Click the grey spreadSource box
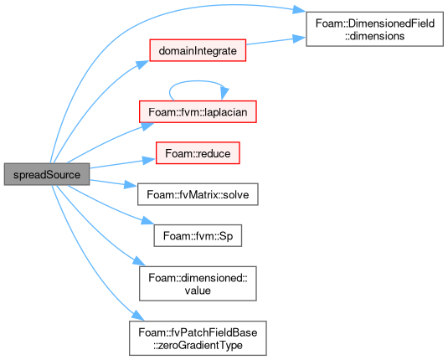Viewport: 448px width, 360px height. pyautogui.click(x=47, y=174)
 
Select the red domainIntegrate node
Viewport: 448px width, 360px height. pyautogui.click(x=198, y=50)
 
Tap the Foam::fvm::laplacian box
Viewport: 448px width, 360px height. pyautogui.click(x=198, y=112)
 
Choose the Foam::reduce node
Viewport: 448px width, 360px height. pyautogui.click(x=198, y=153)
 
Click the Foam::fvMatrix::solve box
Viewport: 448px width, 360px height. pyautogui.click(x=198, y=194)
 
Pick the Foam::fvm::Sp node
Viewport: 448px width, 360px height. pyautogui.click(x=198, y=236)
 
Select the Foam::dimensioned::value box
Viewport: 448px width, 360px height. pyautogui.click(x=198, y=284)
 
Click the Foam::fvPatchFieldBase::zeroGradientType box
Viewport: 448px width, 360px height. pyautogui.click(x=198, y=338)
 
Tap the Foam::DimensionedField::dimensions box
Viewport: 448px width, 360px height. pyautogui.click(x=374, y=29)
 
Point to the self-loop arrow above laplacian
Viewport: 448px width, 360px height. pyautogui.click(x=197, y=81)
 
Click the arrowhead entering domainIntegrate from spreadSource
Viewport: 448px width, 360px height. pyautogui.click(x=142, y=64)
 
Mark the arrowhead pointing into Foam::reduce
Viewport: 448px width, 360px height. pyautogui.click(x=149, y=160)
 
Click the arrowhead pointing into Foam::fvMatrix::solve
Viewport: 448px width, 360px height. pyautogui.click(x=131, y=185)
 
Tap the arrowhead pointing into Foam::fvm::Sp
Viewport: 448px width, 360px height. pyautogui.click(x=147, y=221)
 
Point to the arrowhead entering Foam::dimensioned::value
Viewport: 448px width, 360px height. pyautogui.click(x=139, y=261)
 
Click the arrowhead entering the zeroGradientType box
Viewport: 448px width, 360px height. pyautogui.click(x=138, y=316)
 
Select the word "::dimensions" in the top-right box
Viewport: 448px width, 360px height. pyautogui.click(x=374, y=36)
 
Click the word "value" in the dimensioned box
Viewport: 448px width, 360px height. pyautogui.click(x=198, y=291)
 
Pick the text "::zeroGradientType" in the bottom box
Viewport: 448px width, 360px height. pyautogui.click(x=198, y=345)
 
